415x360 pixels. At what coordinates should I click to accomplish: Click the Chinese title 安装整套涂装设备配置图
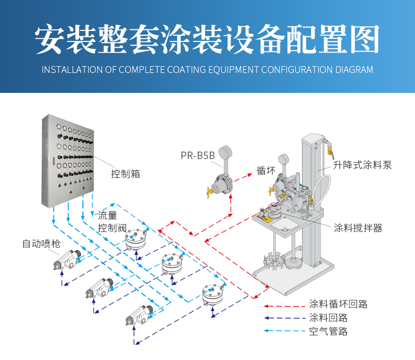pyautogui.click(x=207, y=39)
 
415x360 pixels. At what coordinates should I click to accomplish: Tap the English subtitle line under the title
pyautogui.click(x=207, y=70)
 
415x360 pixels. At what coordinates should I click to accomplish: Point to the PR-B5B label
pyautogui.click(x=198, y=155)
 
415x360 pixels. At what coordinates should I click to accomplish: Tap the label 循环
pyautogui.click(x=266, y=171)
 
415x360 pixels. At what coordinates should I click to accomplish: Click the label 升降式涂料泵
pyautogui.click(x=362, y=165)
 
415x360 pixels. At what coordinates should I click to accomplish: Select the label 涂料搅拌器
pyautogui.click(x=358, y=228)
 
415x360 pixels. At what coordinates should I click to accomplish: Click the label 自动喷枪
pyautogui.click(x=41, y=243)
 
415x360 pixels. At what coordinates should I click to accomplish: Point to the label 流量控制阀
pyautogui.click(x=112, y=221)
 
